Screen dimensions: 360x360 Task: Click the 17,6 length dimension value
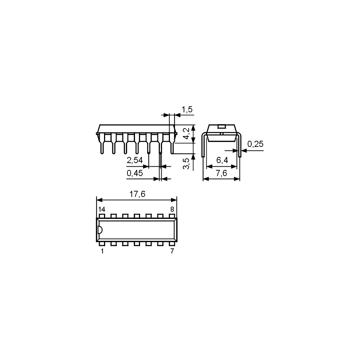tap(137, 194)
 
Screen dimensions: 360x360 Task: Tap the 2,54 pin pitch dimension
tap(135, 160)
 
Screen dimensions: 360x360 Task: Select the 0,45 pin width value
tap(135, 173)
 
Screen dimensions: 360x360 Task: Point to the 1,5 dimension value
tap(187, 109)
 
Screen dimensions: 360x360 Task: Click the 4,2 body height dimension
tap(187, 134)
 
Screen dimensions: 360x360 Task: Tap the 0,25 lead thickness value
tap(255, 144)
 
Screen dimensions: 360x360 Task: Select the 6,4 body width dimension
tap(222, 160)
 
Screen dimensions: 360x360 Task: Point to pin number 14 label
tap(102, 209)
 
